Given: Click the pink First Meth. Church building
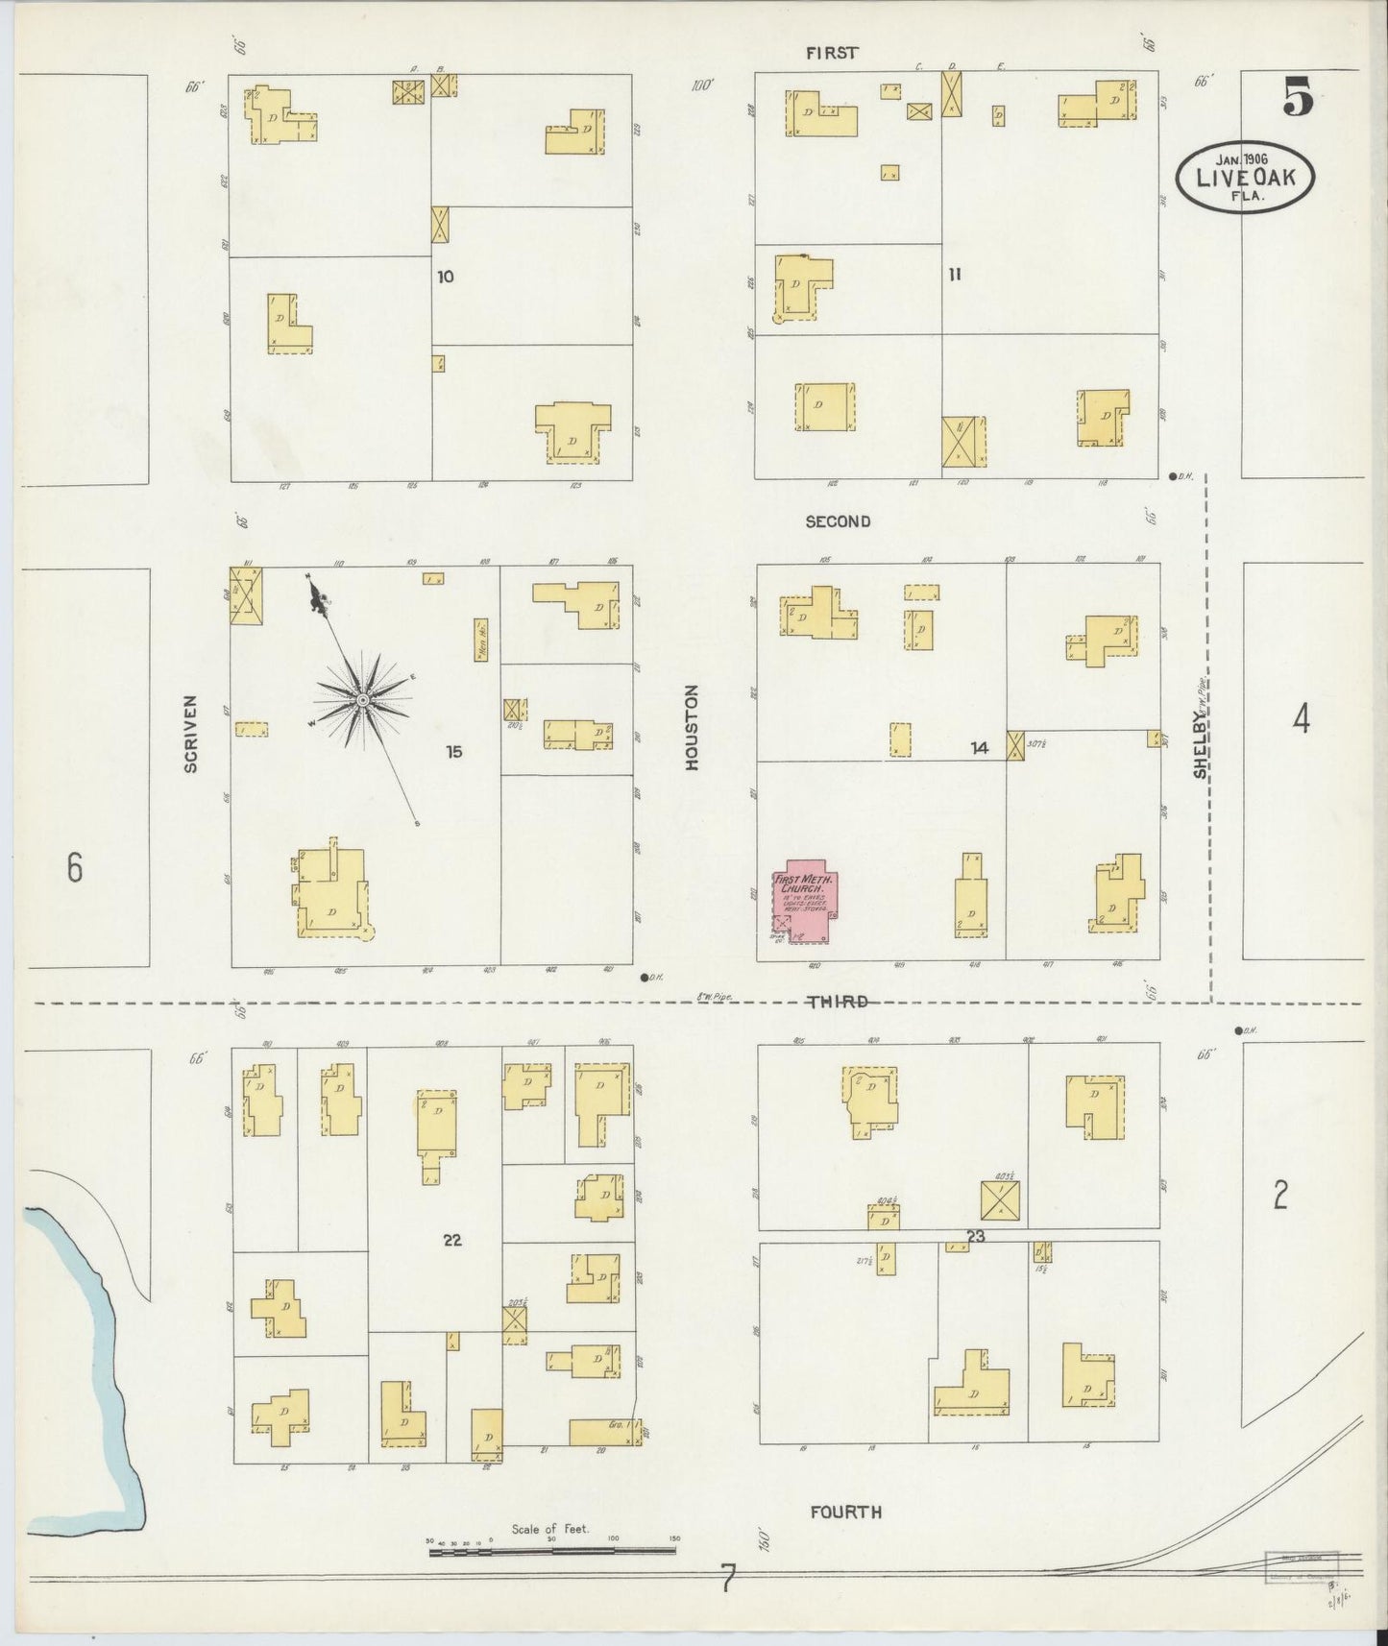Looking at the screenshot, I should (803, 899).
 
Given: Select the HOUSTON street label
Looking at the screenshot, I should (692, 726).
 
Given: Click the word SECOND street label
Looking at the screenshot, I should (838, 521).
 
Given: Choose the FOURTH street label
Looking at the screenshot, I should (845, 1512).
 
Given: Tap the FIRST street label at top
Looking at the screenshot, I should (832, 53).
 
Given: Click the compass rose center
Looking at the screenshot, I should (363, 701).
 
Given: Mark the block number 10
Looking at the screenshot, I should (445, 277).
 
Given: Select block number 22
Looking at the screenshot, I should (452, 1240).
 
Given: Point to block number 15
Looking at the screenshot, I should (453, 751).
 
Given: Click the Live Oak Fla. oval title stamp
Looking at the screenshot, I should (1244, 177).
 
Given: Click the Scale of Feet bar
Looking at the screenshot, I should (552, 1550).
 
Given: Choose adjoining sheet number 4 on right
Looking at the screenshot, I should (1300, 718).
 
